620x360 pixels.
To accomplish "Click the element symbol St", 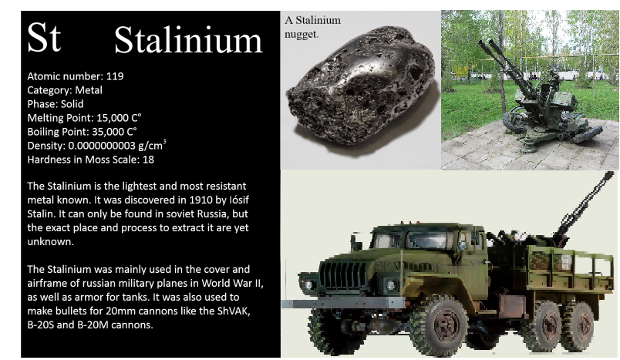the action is point(44,37).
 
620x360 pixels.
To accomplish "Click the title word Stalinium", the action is point(188,39).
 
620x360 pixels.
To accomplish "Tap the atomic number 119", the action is point(115,76).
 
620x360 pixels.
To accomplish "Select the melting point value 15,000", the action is point(113,118).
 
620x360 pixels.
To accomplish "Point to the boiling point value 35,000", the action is point(108,132).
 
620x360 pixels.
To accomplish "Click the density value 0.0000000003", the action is point(102,146).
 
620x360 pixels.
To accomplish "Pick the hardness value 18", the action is point(148,160).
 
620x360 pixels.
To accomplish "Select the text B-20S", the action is point(40,325).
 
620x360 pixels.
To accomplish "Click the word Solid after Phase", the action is point(72,104).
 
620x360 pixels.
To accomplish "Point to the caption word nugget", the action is point(302,35).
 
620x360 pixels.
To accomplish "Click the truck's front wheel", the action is point(437,326).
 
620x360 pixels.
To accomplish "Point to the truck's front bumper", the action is point(342,303).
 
